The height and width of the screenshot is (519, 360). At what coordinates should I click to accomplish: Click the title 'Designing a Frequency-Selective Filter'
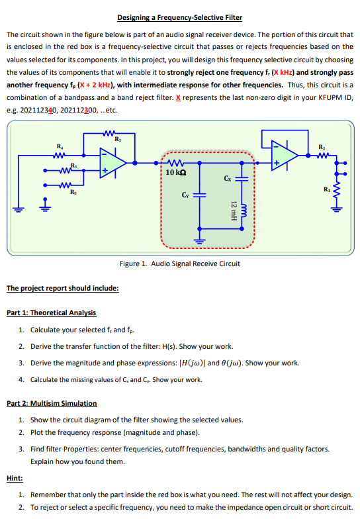(x=179, y=17)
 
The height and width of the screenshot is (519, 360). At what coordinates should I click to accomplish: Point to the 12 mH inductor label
(x=233, y=210)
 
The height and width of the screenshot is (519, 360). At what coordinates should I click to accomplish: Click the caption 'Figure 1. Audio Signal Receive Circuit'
(x=179, y=263)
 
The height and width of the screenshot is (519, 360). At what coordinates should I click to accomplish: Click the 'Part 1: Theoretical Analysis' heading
(x=51, y=312)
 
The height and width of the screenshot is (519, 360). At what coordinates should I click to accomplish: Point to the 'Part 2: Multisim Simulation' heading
(x=52, y=403)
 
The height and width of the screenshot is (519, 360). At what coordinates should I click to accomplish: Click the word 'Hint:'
(x=14, y=477)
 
